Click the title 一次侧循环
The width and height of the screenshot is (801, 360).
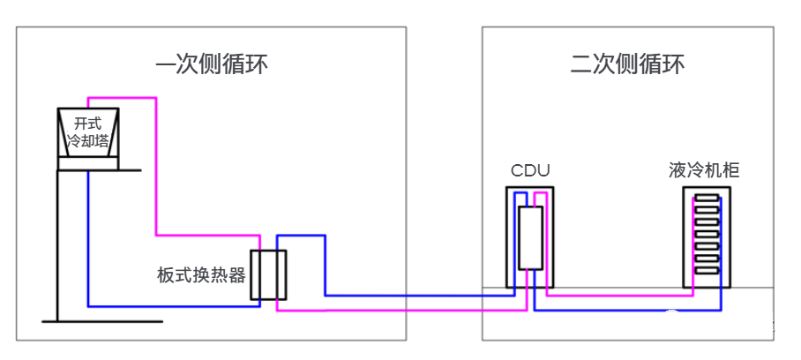[212, 64]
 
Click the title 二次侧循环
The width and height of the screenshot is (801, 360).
[627, 64]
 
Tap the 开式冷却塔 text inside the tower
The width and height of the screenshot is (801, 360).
[88, 132]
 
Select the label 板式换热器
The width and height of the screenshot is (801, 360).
[201, 274]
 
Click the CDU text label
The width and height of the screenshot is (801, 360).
[529, 170]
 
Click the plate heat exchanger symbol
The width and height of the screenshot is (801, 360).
[268, 274]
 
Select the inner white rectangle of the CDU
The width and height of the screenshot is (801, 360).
[530, 237]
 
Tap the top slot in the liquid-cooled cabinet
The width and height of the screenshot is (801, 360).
[706, 200]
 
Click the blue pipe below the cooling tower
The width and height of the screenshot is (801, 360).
[89, 238]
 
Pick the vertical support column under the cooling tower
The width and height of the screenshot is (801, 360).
[57, 247]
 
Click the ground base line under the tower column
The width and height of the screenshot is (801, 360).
[101, 321]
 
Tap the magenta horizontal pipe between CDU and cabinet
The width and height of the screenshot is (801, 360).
[618, 296]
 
